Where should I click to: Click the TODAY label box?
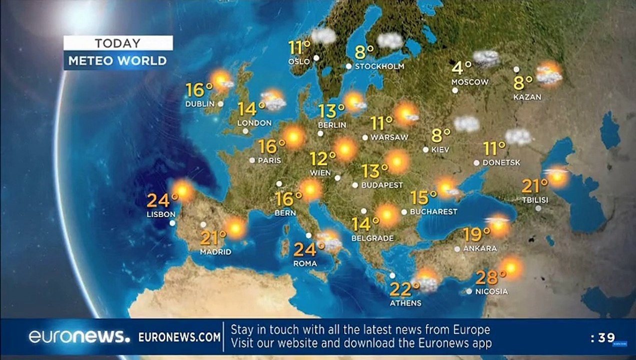click(x=118, y=43)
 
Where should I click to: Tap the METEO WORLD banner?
click(x=117, y=61)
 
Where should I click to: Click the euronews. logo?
click(x=79, y=336)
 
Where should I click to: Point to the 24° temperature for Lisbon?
click(x=158, y=200)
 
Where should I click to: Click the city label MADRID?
click(x=215, y=252)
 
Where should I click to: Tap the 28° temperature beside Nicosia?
click(x=487, y=277)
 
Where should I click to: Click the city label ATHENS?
click(x=406, y=303)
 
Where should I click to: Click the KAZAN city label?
click(x=527, y=97)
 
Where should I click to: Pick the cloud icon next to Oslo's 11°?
click(x=323, y=35)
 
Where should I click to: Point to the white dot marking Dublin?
click(x=220, y=104)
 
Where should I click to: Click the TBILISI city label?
click(x=534, y=200)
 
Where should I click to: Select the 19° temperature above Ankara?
click(x=476, y=234)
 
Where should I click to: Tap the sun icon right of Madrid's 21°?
click(x=235, y=228)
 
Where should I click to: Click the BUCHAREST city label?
click(x=433, y=211)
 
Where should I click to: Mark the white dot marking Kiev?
click(x=425, y=149)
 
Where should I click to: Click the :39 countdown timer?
click(x=602, y=338)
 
